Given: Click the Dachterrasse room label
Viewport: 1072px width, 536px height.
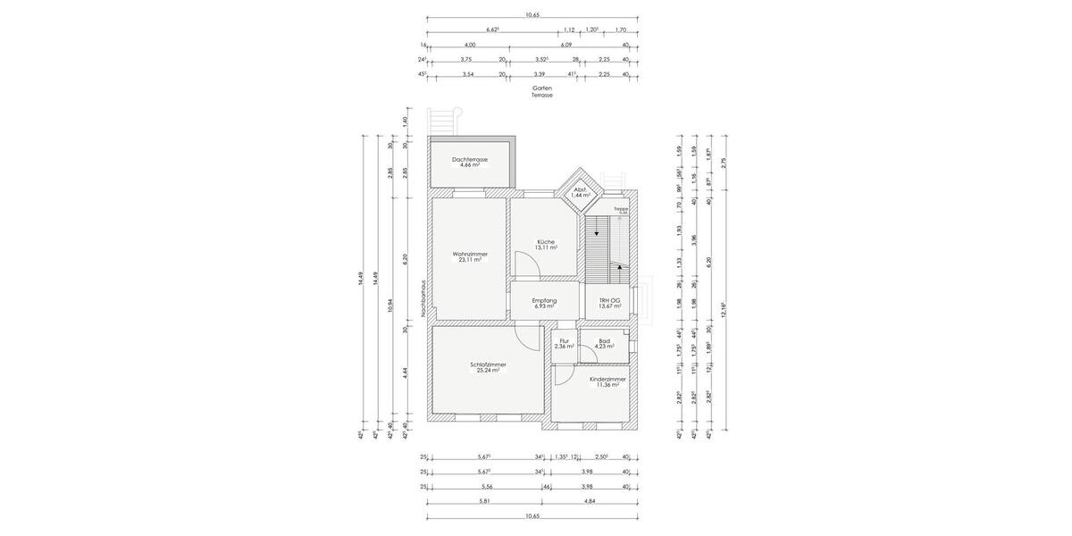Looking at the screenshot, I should tap(470, 159).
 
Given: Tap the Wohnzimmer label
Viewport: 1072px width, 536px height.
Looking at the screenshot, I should tap(470, 254).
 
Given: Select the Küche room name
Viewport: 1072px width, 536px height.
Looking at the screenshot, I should tap(545, 242).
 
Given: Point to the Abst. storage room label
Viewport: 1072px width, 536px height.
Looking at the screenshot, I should tap(580, 188).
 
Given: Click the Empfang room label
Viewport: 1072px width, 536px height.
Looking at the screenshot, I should tap(544, 300).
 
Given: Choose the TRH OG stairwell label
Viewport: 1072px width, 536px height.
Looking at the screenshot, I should tap(609, 300).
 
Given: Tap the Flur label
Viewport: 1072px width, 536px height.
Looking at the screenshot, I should tap(564, 340).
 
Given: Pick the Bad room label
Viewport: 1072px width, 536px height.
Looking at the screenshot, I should tap(605, 340).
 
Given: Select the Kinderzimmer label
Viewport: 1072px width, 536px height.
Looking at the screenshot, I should tap(607, 379).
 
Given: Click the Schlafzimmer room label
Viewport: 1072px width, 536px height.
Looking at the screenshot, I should tap(488, 364).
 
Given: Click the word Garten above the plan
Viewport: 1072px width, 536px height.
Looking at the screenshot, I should tap(541, 88).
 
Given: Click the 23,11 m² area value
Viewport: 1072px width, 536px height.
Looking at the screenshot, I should tap(470, 260).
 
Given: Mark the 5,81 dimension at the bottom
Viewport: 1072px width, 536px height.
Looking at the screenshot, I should tap(484, 501).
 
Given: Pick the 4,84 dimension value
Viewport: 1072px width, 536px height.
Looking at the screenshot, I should tap(590, 501).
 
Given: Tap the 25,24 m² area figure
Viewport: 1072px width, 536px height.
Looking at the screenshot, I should tap(488, 370).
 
